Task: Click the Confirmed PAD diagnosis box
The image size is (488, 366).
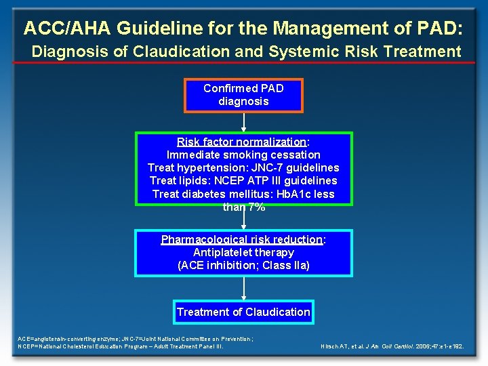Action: click(243, 95)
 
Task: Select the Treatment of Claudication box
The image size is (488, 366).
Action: click(243, 312)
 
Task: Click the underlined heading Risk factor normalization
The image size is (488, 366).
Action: click(241, 142)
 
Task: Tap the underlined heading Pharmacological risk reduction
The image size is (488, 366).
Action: click(241, 240)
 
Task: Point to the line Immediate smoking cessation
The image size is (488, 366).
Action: click(243, 155)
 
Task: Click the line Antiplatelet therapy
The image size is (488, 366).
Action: click(243, 253)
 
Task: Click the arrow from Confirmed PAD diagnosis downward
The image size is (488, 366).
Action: click(243, 122)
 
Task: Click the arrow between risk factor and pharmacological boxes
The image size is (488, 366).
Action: click(243, 219)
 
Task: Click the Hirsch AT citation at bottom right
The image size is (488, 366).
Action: click(392, 346)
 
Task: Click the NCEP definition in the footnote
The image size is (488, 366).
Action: click(121, 346)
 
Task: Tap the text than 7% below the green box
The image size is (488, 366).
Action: click(243, 207)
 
